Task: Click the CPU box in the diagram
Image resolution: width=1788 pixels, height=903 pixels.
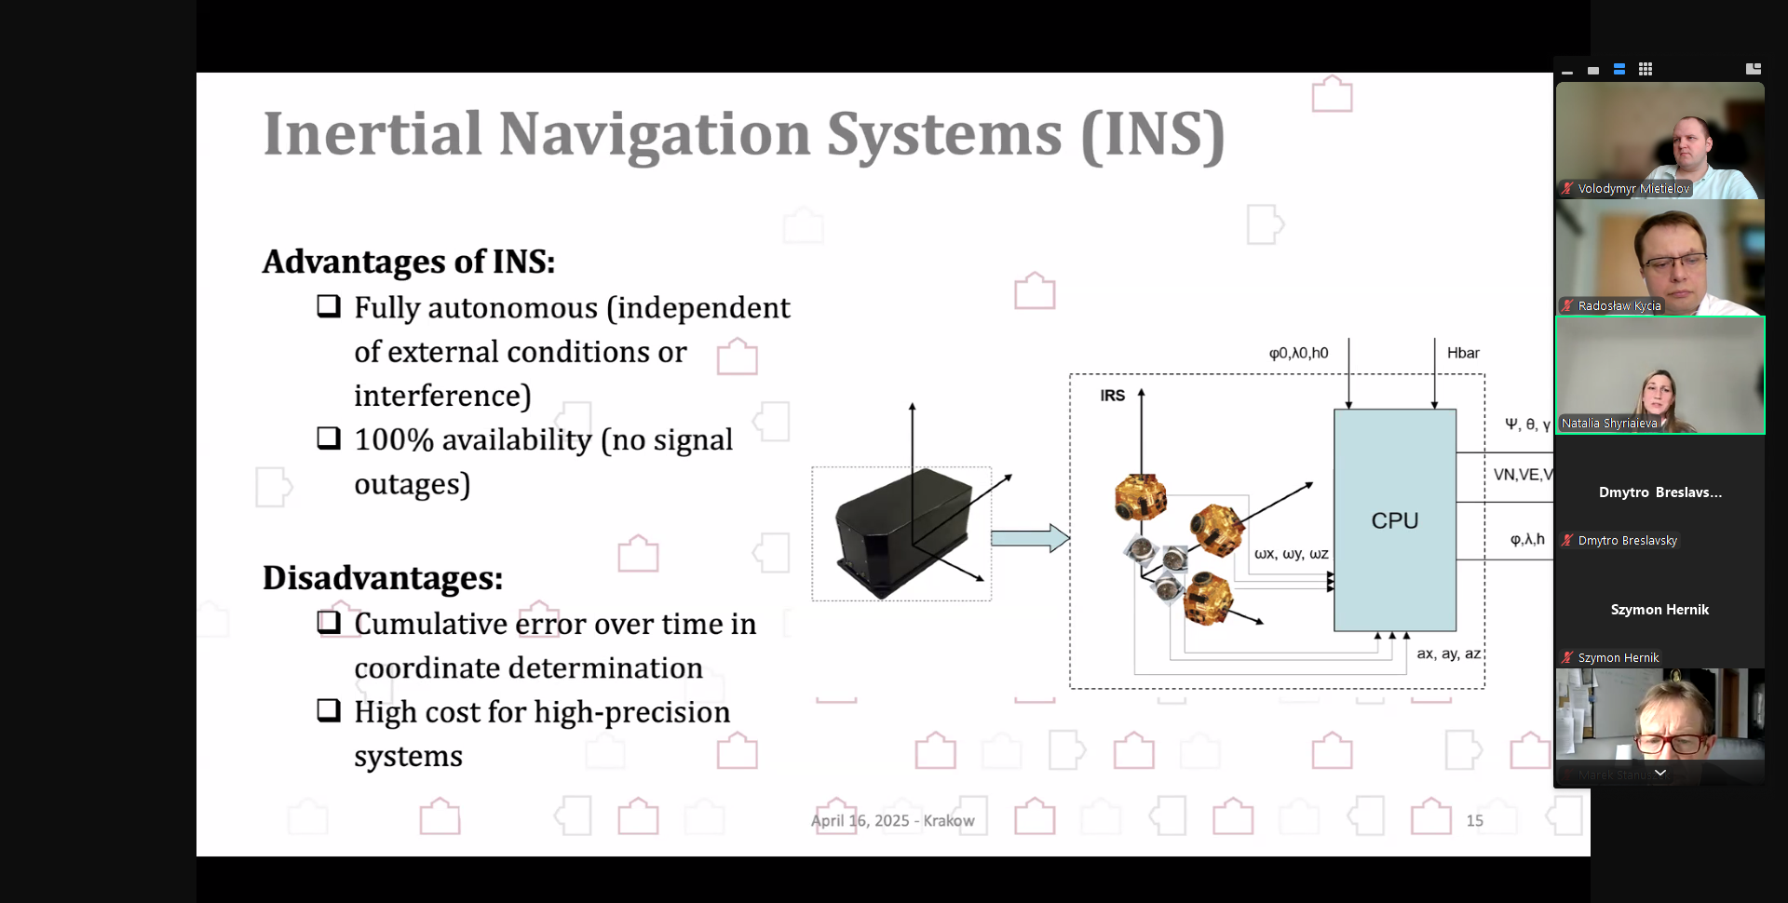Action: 1394,520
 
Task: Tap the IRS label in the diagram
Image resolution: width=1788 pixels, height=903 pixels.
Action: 1112,396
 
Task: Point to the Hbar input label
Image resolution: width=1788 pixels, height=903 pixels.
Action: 1463,353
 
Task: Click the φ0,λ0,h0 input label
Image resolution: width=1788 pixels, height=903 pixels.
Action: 1298,353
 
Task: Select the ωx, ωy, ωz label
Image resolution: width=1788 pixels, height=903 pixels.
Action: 1291,554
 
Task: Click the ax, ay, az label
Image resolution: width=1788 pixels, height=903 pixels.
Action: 1448,654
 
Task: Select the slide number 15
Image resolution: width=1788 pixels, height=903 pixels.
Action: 1474,820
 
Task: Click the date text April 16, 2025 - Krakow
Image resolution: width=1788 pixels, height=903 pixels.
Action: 892,820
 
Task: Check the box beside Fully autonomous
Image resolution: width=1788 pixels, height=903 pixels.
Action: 329,306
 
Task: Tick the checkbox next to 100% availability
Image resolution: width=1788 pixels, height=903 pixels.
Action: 329,438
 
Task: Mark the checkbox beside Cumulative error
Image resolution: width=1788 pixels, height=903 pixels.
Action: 329,622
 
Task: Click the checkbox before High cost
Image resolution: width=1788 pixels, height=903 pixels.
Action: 329,710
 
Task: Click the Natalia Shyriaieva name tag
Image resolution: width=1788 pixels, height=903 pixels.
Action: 1609,423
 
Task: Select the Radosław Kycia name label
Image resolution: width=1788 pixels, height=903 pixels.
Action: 1619,305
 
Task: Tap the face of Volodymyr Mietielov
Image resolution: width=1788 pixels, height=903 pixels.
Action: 1690,142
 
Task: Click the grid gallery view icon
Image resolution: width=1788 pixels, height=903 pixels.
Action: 1646,69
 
